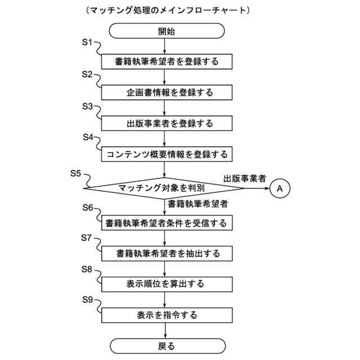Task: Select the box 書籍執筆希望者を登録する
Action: (x=166, y=61)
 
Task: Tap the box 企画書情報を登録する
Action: (x=166, y=91)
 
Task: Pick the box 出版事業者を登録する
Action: (x=166, y=122)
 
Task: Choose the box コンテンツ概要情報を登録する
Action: (x=166, y=153)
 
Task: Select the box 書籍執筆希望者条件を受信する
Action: (x=166, y=223)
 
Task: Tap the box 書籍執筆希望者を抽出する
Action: (x=166, y=254)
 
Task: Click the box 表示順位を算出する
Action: (x=166, y=284)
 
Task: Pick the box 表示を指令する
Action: (x=166, y=315)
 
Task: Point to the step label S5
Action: (x=77, y=173)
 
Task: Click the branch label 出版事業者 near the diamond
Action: (x=245, y=178)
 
